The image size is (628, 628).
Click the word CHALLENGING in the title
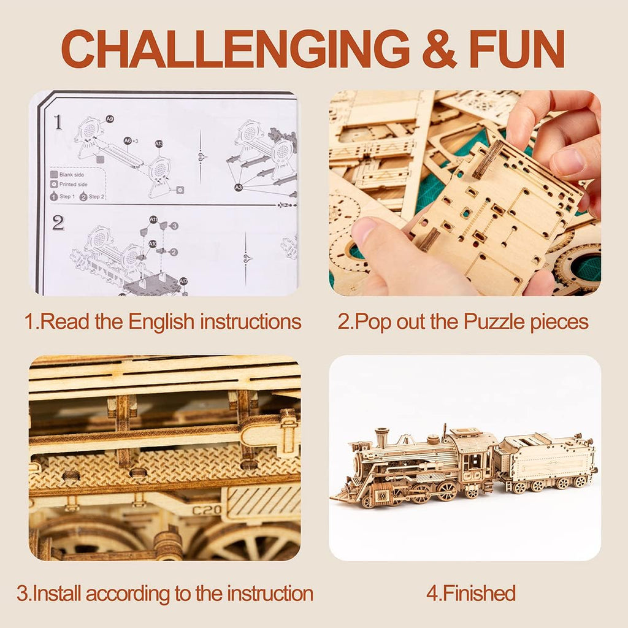pyautogui.click(x=235, y=48)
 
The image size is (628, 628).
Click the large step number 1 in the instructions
pyautogui.click(x=58, y=122)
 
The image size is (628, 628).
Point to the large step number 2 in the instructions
pyautogui.click(x=58, y=223)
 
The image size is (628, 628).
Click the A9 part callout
pyautogui.click(x=110, y=118)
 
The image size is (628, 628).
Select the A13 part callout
pyautogui.click(x=159, y=144)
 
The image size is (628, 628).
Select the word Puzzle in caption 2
pyautogui.click(x=499, y=322)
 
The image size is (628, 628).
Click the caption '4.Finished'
pyautogui.click(x=470, y=593)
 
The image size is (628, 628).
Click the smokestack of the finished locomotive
pyautogui.click(x=381, y=437)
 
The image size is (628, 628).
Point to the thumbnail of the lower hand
pyautogui.click(x=366, y=234)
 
